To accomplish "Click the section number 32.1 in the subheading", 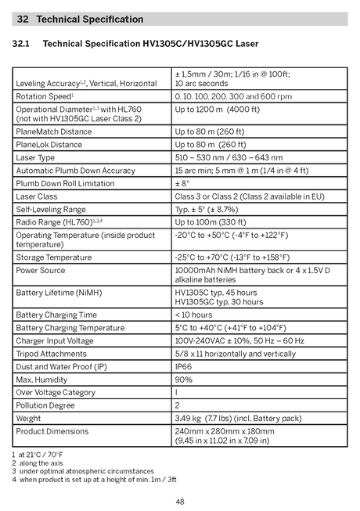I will (x=21, y=44).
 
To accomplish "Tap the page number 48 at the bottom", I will (x=180, y=502).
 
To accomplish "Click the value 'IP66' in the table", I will (x=183, y=366).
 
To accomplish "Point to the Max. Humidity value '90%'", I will (x=183, y=379).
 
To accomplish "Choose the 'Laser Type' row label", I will (x=36, y=157).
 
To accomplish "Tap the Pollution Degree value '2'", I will (x=178, y=405).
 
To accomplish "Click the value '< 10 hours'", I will (x=193, y=315).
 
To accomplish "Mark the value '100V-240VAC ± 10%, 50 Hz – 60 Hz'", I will (x=239, y=340).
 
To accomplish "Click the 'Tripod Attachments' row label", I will (x=52, y=354).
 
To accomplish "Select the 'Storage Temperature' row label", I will (x=54, y=257).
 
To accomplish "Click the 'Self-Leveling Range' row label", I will (x=51, y=209).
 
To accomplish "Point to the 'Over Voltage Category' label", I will (x=56, y=392).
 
